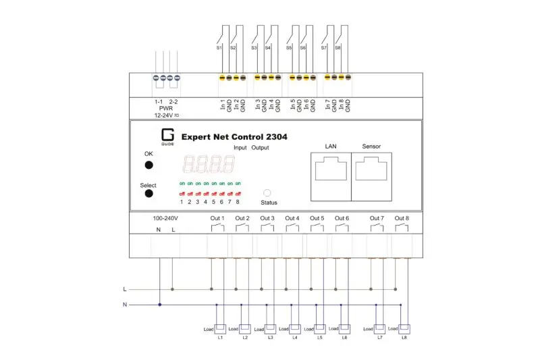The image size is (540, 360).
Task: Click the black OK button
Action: point(148,165)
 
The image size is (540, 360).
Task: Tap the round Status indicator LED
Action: point(267,192)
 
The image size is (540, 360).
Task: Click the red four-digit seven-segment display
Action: point(209,164)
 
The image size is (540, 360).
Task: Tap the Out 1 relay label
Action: point(217,218)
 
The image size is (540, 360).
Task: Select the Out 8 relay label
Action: point(402,218)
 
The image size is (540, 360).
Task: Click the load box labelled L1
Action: point(220,329)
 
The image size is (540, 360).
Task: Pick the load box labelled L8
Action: point(404,329)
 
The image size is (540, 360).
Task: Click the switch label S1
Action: point(219,48)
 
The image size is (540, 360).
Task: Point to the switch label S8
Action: point(337,48)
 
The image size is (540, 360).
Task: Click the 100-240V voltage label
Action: point(166,218)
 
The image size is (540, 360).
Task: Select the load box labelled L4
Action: point(295,329)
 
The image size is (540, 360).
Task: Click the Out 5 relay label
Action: point(317,218)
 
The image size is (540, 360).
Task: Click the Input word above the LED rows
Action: point(240,147)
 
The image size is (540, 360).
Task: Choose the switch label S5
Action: point(289,48)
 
